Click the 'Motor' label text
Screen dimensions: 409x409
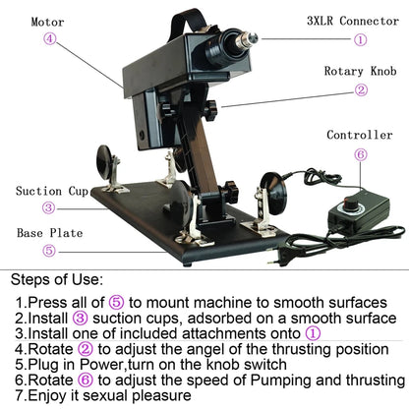click(46, 21)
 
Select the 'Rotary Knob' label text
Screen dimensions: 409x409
click(359, 70)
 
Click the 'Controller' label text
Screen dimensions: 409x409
click(360, 135)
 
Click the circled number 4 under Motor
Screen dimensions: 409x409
click(49, 40)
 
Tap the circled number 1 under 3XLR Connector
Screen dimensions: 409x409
click(360, 40)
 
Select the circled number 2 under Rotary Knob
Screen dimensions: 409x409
click(361, 89)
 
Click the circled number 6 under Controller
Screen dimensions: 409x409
click(360, 154)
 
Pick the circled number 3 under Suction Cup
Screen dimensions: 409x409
click(48, 207)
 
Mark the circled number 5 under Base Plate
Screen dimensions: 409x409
click(48, 251)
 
